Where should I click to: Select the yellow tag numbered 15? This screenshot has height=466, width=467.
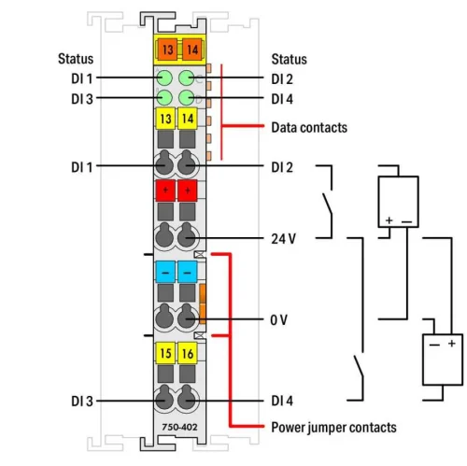164,354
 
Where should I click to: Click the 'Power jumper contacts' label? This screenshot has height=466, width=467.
333,427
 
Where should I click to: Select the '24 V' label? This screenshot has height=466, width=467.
284,237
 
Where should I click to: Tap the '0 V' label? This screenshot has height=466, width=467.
279,319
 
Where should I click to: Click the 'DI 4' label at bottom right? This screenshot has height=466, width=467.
283,401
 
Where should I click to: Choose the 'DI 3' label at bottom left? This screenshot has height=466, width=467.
80,401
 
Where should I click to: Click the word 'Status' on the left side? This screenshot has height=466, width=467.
75,58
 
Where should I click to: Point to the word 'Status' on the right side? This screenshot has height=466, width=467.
290,58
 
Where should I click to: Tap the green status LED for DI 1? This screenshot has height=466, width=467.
164,78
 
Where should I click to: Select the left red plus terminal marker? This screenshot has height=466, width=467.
164,191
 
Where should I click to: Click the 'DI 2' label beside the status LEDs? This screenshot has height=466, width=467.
283,78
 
